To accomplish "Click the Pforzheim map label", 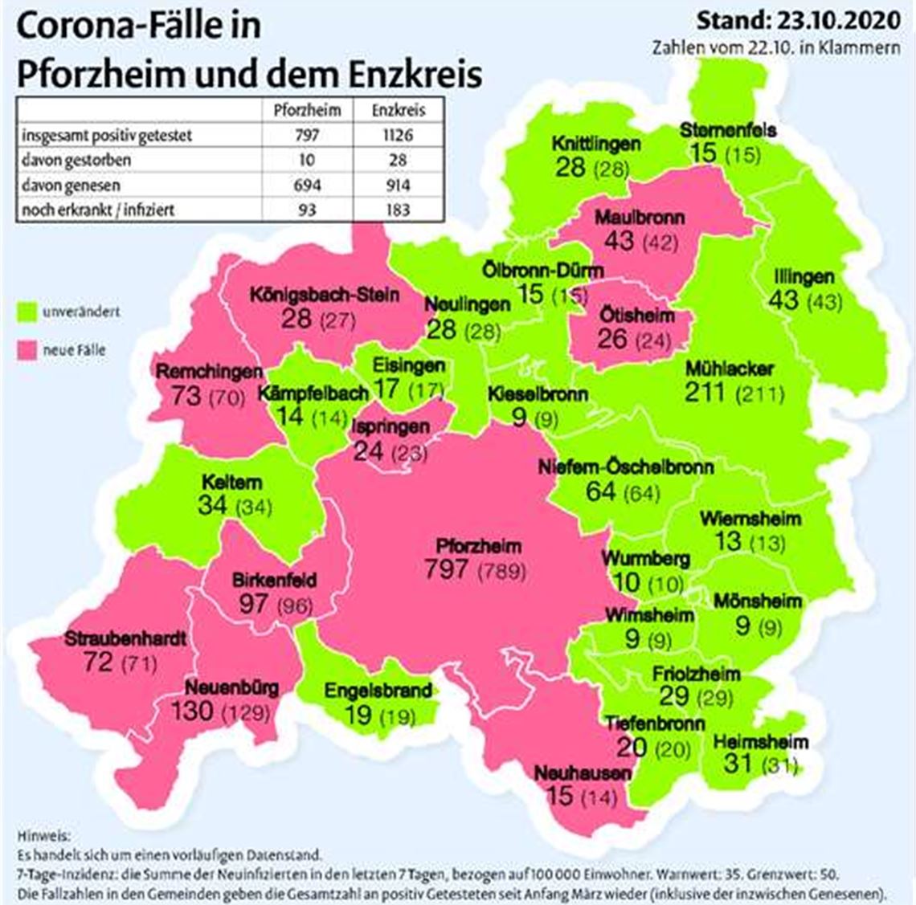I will pyautogui.click(x=478, y=546).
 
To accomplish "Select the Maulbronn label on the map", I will pyautogui.click(x=640, y=217).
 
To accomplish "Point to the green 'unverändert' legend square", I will pyautogui.click(x=29, y=311).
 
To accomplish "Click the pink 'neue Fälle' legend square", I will pyautogui.click(x=29, y=349).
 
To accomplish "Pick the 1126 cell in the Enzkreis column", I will pyautogui.click(x=393, y=135).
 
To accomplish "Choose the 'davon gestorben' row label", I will pyautogui.click(x=76, y=160).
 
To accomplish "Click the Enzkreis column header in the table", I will pyautogui.click(x=397, y=110).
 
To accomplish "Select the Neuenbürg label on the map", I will pyautogui.click(x=232, y=688).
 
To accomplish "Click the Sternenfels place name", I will pyautogui.click(x=728, y=129).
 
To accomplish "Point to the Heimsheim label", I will pyautogui.click(x=761, y=741).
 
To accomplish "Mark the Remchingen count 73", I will pyautogui.click(x=185, y=395).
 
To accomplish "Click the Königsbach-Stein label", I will pyautogui.click(x=324, y=294).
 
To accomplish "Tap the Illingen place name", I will pyautogui.click(x=804, y=277).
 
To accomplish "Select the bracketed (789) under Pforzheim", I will pyautogui.click(x=502, y=571).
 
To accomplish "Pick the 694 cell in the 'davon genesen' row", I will pyautogui.click(x=308, y=185).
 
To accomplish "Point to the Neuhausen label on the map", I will pyautogui.click(x=583, y=773).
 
